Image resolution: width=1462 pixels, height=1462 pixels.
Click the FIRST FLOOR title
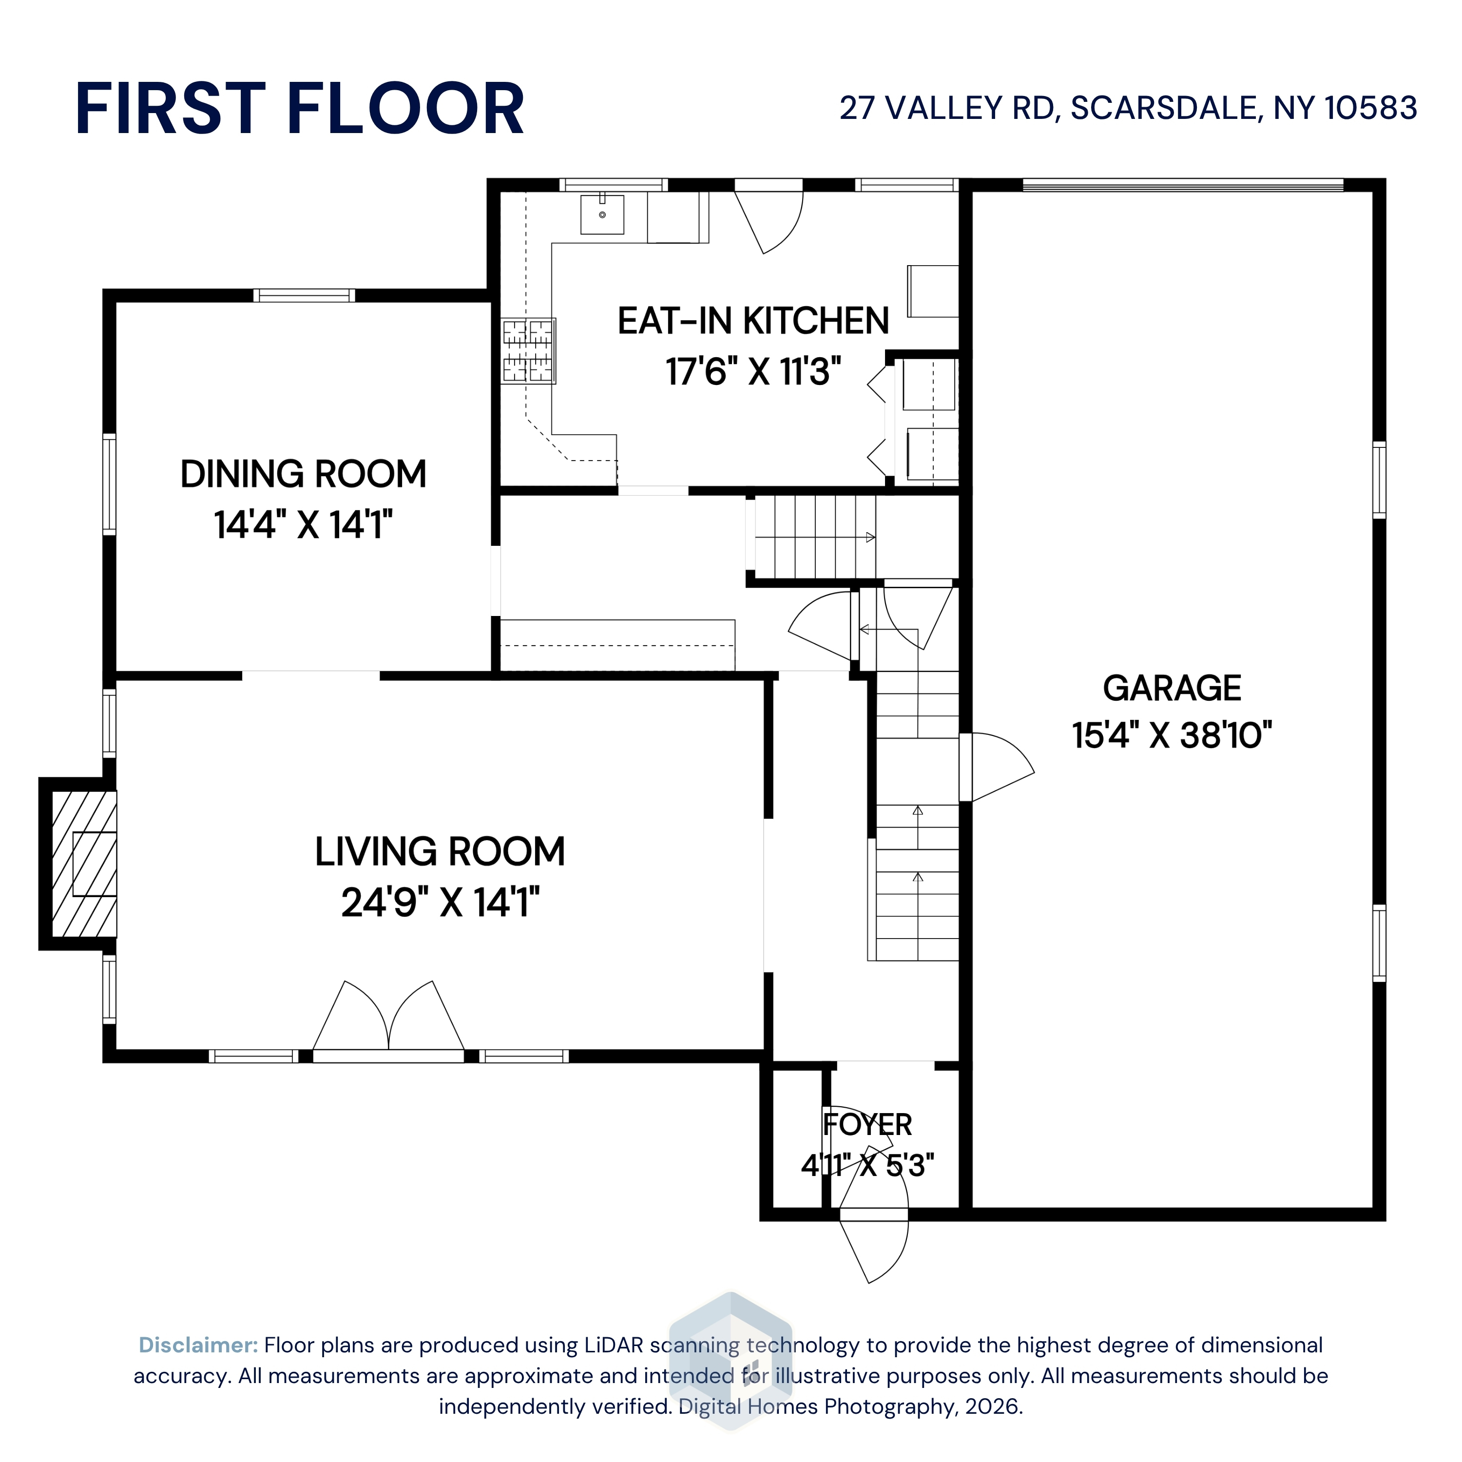300,109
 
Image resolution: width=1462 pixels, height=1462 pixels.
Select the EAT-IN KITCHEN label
753,321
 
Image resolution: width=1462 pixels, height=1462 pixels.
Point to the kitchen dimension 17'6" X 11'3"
753,371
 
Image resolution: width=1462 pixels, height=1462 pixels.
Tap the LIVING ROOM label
440,851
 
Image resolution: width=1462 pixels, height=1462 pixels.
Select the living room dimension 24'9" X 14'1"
440,902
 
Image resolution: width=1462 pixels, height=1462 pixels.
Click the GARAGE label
1172,688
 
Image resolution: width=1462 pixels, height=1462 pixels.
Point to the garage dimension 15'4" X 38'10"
1172,735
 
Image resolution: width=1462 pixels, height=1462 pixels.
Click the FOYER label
867,1124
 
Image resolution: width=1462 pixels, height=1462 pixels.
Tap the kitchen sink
602,214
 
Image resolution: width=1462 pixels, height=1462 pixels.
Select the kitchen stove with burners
529,350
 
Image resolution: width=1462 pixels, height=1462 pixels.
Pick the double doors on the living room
388,1021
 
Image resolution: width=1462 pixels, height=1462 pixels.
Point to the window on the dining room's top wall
304,295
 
